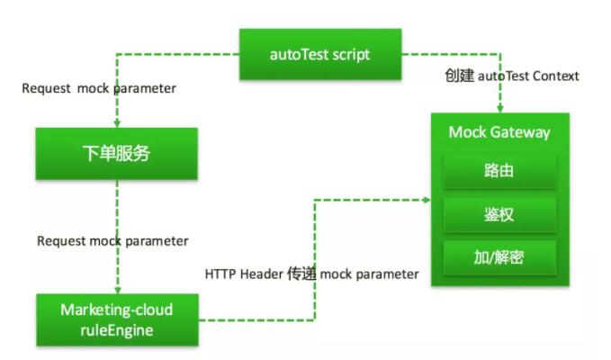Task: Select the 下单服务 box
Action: pyautogui.click(x=116, y=153)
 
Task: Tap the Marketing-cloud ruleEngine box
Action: pyautogui.click(x=116, y=319)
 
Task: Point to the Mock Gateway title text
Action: pyautogui.click(x=499, y=132)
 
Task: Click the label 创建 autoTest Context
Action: pyautogui.click(x=510, y=76)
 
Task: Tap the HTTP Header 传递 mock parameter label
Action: pyautogui.click(x=311, y=274)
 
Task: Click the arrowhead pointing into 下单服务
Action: pyautogui.click(x=117, y=123)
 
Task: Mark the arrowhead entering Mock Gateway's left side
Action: pyautogui.click(x=427, y=199)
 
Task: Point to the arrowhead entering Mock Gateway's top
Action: pyautogui.click(x=499, y=108)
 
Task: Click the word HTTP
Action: pyautogui.click(x=221, y=274)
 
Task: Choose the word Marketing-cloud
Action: pyautogui.click(x=117, y=310)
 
